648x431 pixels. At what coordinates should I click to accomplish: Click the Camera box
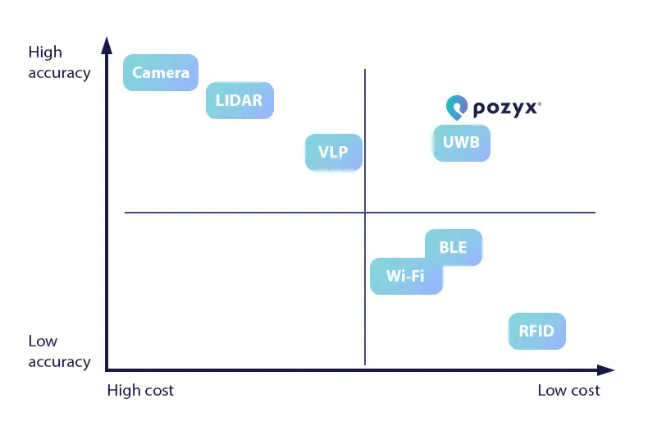coord(161,72)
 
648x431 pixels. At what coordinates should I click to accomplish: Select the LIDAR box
coord(239,101)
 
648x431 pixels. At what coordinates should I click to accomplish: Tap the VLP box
coord(333,152)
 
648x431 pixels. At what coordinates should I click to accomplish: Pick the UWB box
coord(461,143)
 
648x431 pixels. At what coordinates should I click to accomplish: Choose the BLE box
coord(453,247)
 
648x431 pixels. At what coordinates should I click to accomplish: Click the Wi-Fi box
coord(406,276)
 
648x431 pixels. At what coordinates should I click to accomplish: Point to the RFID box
coord(536,332)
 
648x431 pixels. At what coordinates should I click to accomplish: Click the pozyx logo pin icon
coord(456,107)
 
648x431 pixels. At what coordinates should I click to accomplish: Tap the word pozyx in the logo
coord(505,108)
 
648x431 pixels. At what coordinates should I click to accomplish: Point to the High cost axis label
coord(140,390)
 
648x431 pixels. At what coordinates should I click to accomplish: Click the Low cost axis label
coord(568,390)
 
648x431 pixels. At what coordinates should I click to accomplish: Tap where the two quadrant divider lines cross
coord(364,213)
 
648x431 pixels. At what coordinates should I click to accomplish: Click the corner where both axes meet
coord(107,370)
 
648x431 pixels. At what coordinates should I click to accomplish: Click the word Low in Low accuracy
coord(43,342)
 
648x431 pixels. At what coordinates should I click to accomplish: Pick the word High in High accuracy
coord(45,53)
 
